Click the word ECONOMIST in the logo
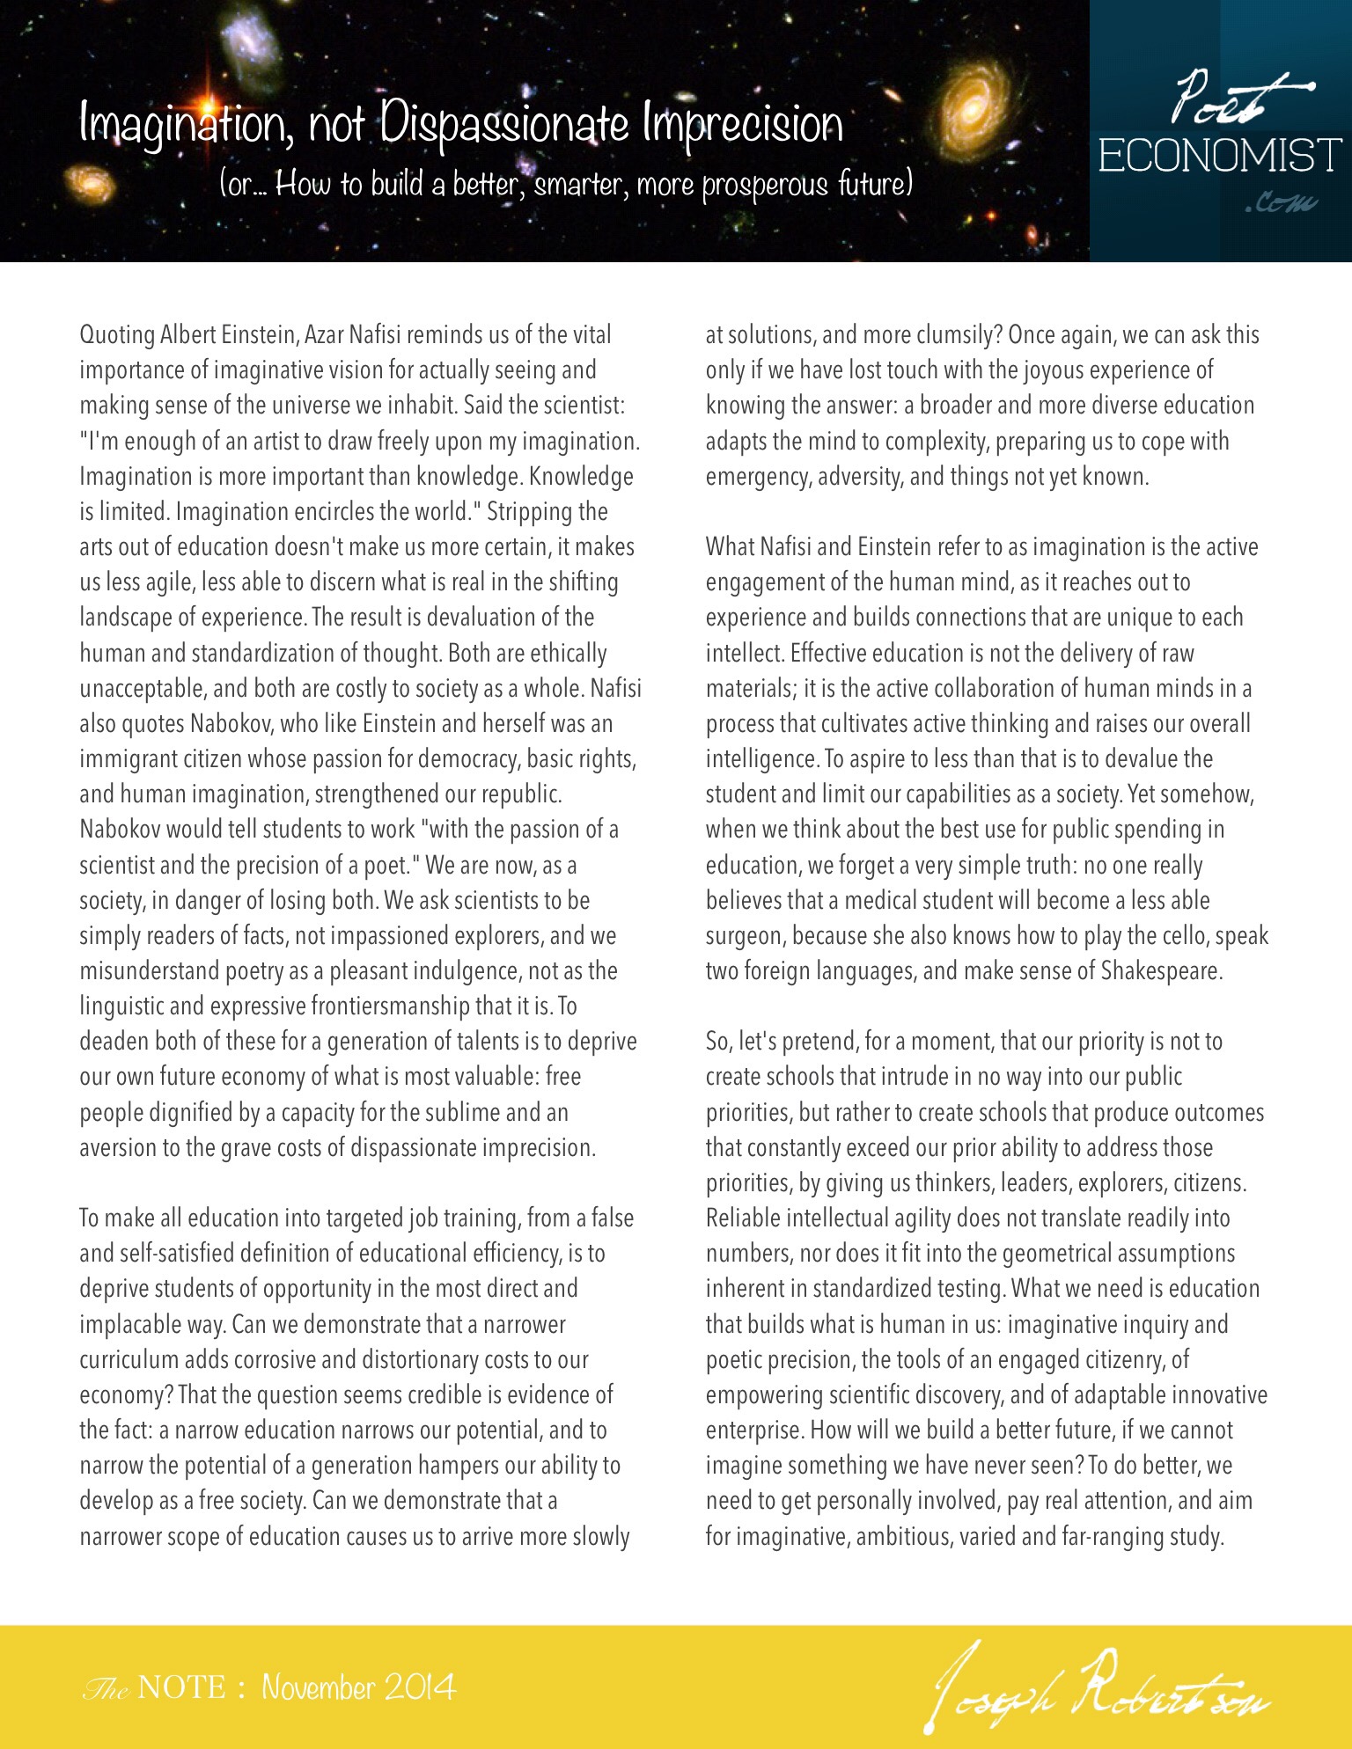point(1220,157)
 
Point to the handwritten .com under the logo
point(1281,205)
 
